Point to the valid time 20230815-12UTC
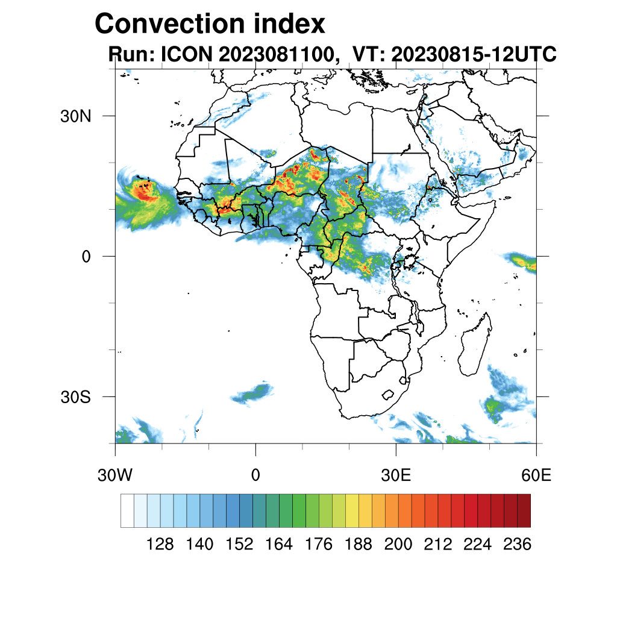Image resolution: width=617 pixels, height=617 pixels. pos(473,55)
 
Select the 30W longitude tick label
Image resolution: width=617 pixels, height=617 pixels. pos(115,475)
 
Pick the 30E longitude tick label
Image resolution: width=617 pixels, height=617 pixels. pos(396,475)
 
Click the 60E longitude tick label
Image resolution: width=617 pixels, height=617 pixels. pos(536,475)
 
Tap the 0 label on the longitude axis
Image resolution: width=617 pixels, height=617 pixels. pos(255,475)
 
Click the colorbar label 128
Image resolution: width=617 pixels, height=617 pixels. pos(160,545)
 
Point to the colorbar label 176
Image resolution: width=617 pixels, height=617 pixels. pos(319,545)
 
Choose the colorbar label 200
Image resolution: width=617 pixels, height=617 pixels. pos(398,545)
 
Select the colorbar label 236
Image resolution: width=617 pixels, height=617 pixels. pos(517,545)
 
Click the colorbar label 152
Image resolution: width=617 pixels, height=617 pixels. pos(239,545)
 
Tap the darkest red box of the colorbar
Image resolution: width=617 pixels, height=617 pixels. pos(524,510)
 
